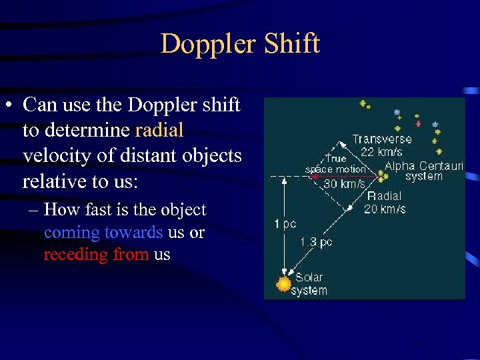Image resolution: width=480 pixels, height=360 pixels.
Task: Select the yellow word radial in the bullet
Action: click(x=159, y=130)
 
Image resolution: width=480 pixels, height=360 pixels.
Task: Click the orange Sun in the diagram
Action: click(x=284, y=284)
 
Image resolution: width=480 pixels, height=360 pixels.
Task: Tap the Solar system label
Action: click(x=311, y=284)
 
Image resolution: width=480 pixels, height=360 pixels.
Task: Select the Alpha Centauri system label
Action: click(x=424, y=171)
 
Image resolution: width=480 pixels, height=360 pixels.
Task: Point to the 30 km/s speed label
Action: click(x=344, y=184)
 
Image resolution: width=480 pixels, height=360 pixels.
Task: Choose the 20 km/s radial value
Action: click(x=384, y=209)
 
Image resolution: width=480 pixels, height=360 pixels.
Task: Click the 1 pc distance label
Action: click(x=285, y=224)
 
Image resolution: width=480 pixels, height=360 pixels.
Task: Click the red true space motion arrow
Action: click(x=343, y=176)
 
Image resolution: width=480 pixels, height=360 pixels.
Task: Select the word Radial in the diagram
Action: click(x=384, y=196)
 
